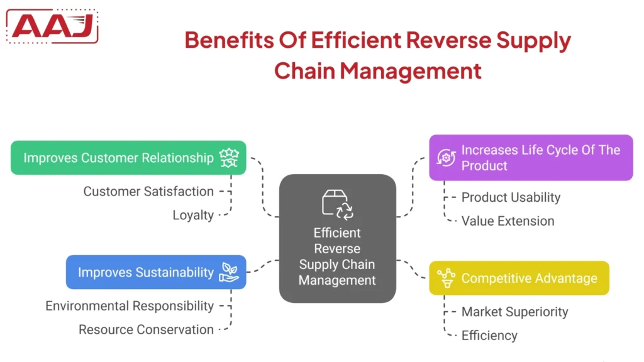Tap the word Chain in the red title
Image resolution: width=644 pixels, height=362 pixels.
(304, 70)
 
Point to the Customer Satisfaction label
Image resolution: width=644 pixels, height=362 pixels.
(148, 191)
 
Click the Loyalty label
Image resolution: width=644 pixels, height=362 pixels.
(193, 215)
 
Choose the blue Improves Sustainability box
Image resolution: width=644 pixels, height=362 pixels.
(145, 272)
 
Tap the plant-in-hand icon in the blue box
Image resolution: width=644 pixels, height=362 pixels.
(228, 272)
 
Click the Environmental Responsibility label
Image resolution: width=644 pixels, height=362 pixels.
(130, 306)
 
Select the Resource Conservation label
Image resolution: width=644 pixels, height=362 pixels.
(146, 329)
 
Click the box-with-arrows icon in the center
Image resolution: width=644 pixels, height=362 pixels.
(337, 204)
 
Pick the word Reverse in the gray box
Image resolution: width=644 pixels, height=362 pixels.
(337, 248)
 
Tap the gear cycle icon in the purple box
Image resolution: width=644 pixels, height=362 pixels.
(446, 158)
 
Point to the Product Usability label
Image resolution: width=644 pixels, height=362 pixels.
(511, 197)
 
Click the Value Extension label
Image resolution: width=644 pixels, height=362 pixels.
(508, 221)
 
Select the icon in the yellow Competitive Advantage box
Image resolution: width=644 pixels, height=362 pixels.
(446, 278)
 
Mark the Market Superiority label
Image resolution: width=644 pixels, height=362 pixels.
(514, 312)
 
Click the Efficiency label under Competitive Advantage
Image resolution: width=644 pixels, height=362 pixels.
(489, 336)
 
